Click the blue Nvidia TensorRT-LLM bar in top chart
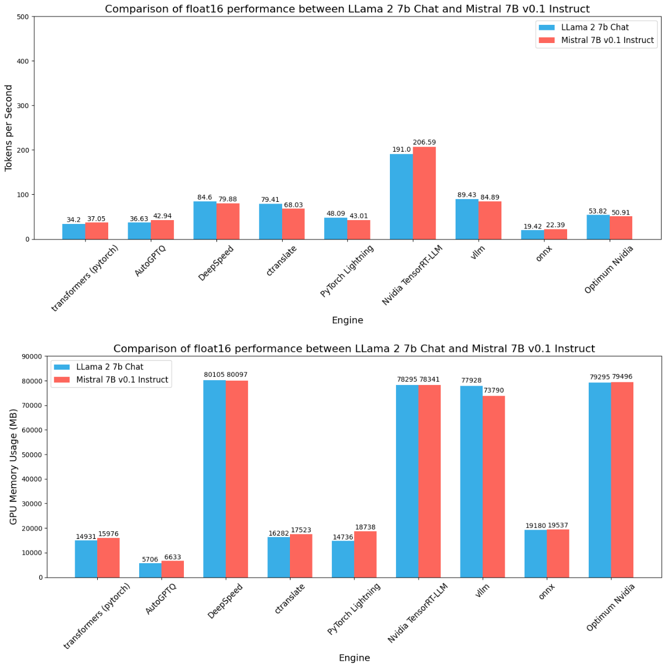[401, 196]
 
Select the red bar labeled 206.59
[424, 193]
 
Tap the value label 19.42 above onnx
[532, 226]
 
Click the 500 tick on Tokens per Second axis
[23, 17]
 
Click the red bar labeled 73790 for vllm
[494, 487]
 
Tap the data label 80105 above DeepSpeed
[214, 375]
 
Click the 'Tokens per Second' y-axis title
[9, 128]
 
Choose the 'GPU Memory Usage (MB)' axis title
[13, 467]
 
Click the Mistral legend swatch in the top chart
[547, 40]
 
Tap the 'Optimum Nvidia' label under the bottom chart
[611, 607]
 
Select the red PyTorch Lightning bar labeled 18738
[365, 554]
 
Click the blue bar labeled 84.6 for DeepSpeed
[205, 220]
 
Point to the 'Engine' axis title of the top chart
[347, 320]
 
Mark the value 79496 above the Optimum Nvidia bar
[622, 377]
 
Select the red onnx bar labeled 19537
[558, 553]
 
